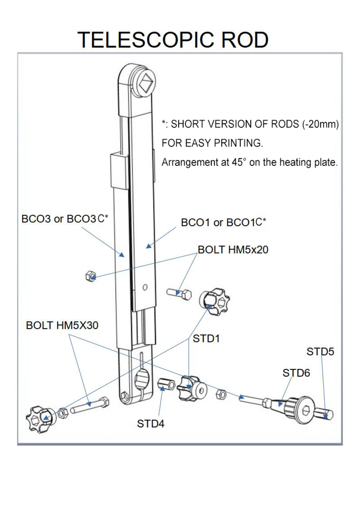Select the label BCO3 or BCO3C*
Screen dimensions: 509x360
tap(65, 219)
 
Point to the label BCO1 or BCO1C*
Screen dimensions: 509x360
tap(224, 223)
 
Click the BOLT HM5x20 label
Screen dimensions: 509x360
tap(233, 250)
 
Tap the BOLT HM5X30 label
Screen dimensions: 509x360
tap(62, 326)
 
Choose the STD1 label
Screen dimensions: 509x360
tap(206, 339)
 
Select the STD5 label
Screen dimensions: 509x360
tap(320, 352)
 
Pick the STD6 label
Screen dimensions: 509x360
tap(296, 372)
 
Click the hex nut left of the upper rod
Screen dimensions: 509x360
tap(90, 275)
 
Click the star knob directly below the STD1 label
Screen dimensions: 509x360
tap(192, 388)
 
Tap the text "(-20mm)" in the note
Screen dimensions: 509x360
tap(320, 125)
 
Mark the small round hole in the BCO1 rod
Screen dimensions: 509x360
tap(145, 287)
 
